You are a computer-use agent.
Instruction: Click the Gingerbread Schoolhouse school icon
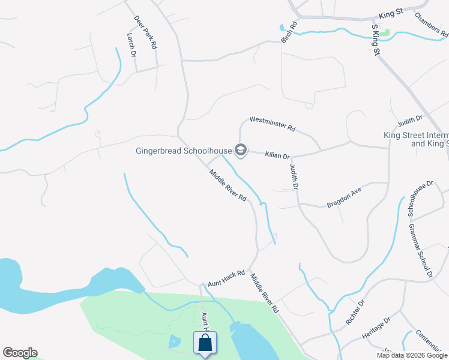click(241, 149)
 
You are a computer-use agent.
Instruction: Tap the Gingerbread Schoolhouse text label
click(183, 149)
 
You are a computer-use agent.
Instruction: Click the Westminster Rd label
click(273, 124)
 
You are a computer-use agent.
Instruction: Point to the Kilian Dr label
click(278, 155)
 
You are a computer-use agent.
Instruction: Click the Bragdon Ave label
click(344, 197)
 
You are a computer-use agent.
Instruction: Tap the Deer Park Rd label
click(145, 32)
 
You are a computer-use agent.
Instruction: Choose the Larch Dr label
click(131, 45)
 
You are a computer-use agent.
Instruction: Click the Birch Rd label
click(289, 32)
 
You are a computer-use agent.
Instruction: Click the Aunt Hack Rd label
click(226, 277)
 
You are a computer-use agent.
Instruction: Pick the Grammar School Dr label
click(420, 251)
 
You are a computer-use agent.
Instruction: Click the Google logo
click(20, 353)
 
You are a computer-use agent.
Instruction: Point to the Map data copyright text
click(412, 355)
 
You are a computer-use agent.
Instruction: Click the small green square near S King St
click(385, 32)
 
